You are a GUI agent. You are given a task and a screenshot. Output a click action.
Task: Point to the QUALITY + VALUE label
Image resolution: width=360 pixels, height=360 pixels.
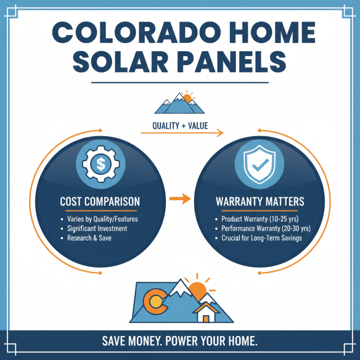click(180, 126)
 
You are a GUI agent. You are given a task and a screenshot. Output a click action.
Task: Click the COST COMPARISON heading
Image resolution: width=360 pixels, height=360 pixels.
click(100, 201)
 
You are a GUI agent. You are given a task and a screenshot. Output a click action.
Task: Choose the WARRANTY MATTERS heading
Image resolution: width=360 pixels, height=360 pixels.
click(260, 201)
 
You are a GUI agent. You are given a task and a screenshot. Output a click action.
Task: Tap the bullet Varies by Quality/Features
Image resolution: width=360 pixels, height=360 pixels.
click(102, 219)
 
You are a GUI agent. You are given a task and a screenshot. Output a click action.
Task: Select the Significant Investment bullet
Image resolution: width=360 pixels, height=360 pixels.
click(97, 229)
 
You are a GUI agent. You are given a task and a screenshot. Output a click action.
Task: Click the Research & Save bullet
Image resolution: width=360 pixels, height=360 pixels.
click(89, 238)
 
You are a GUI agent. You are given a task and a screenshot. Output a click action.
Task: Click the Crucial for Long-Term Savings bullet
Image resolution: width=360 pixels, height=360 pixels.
click(261, 238)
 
